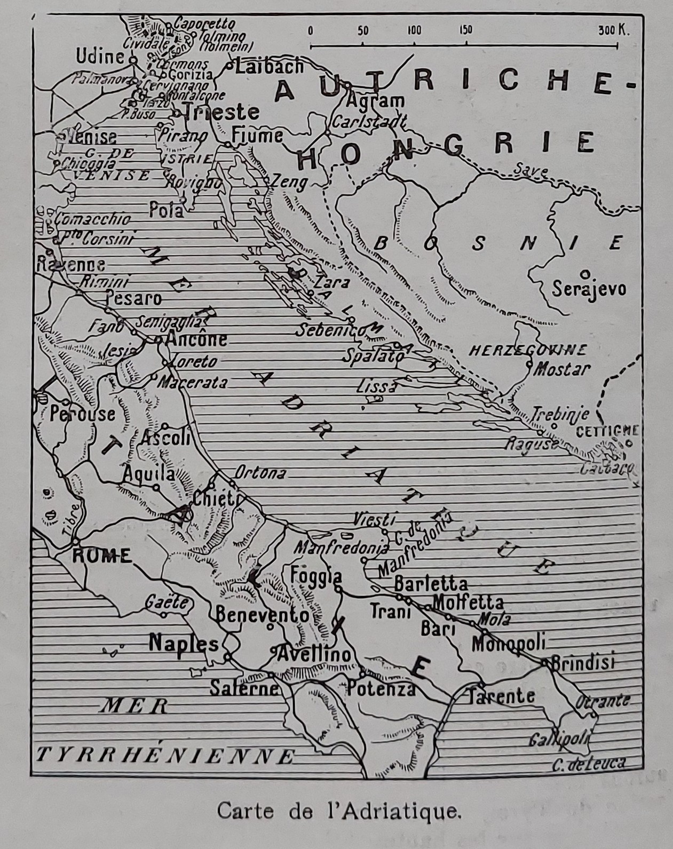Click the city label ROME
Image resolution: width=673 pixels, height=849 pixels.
[x=101, y=556]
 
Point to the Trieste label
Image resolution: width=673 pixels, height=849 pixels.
[x=221, y=112]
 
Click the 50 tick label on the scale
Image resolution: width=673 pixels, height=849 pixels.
[x=363, y=30]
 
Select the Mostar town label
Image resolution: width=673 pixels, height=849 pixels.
[x=562, y=369]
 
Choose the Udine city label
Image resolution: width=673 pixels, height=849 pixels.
[x=100, y=57]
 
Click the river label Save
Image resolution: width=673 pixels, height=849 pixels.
[x=530, y=171]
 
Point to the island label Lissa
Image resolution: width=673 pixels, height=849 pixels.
[x=377, y=386]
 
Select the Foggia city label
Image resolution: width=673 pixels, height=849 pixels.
[x=316, y=576]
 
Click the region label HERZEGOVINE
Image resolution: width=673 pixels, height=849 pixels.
[x=527, y=351]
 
